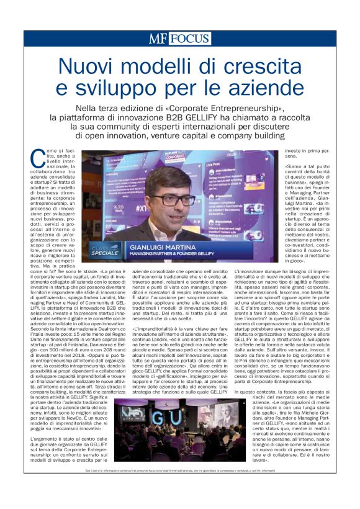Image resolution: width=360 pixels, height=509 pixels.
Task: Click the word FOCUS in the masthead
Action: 189,38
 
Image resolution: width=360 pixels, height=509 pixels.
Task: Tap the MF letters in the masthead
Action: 159,38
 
